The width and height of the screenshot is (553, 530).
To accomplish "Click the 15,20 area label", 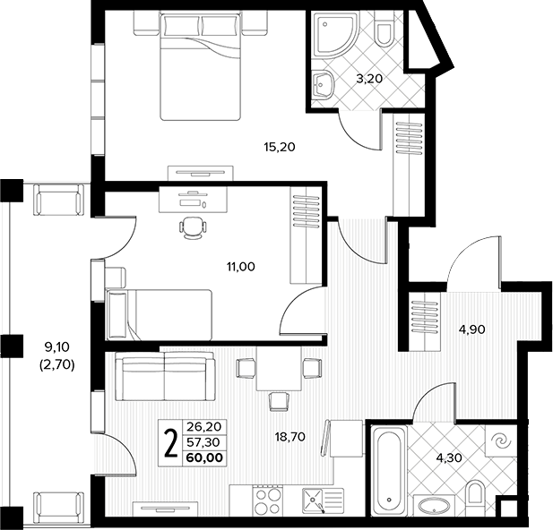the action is pos(280,147).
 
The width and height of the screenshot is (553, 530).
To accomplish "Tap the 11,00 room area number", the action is pos(241,267).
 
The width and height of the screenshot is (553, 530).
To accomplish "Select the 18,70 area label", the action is pos(289,437).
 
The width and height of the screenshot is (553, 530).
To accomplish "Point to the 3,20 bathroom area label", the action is pos(369,79).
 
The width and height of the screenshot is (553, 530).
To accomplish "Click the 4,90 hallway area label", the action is pos(471,329).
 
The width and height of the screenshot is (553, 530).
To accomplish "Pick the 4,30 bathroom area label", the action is pos(449,457).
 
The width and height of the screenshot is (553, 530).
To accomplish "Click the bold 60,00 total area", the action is pos(204,457).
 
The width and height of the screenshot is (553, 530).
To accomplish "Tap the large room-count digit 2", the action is pos(171,443).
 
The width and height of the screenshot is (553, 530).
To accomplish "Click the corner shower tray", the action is pos(335,35).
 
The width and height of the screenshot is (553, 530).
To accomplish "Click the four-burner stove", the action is pos(268,501).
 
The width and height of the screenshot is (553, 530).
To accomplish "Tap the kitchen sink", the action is pos(324,501).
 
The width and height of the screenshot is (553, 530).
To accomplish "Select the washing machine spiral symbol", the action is pos(501,440).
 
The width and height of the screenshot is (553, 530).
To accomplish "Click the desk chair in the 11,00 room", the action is pos(192,228).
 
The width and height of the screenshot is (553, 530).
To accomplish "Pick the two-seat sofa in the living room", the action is pos(165,376).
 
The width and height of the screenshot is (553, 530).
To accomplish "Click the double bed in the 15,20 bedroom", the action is pos(201,66).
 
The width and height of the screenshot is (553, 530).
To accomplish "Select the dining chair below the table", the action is pos(280,402).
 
